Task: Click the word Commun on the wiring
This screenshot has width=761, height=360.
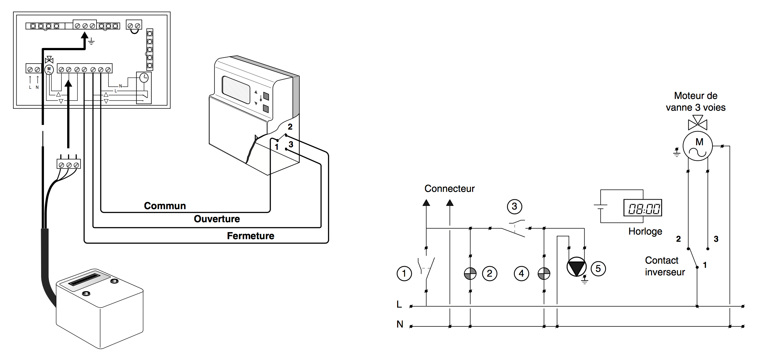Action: (165, 206)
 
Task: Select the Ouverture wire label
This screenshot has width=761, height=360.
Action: (217, 219)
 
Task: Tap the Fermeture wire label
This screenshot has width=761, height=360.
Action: (250, 236)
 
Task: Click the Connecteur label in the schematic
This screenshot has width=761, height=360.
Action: (449, 189)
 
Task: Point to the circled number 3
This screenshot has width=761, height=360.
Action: (515, 206)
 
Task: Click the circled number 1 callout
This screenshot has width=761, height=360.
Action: (404, 273)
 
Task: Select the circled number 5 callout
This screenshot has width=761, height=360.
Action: (598, 269)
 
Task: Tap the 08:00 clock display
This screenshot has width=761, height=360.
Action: (643, 208)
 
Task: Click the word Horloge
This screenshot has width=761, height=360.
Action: (645, 232)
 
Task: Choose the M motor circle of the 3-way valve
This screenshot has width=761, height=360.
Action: (698, 146)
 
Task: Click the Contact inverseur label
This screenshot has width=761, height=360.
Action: (664, 266)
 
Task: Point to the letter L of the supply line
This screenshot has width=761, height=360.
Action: (399, 305)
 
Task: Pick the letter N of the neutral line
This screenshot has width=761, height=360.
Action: (400, 324)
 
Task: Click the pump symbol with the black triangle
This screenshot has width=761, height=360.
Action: (576, 267)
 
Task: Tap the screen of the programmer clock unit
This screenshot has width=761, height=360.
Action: (236, 89)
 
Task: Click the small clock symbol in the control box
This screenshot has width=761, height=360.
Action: (144, 78)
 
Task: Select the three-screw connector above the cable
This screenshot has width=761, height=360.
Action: (68, 164)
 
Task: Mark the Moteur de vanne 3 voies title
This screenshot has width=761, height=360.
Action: (695, 101)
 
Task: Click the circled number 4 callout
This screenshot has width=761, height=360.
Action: (521, 273)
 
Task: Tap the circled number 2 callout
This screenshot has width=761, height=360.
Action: (489, 273)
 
